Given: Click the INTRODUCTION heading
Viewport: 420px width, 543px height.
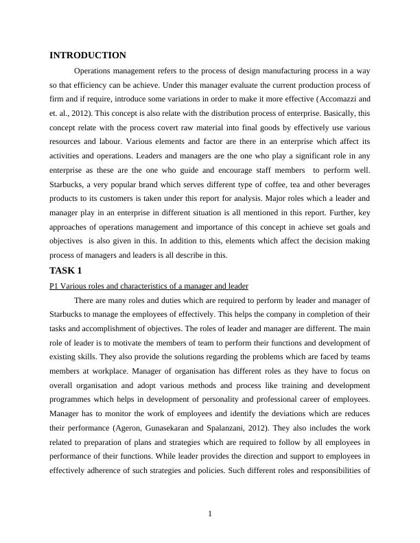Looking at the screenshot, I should point(88,56).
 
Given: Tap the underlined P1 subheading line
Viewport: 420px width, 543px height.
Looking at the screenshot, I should point(149,285).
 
